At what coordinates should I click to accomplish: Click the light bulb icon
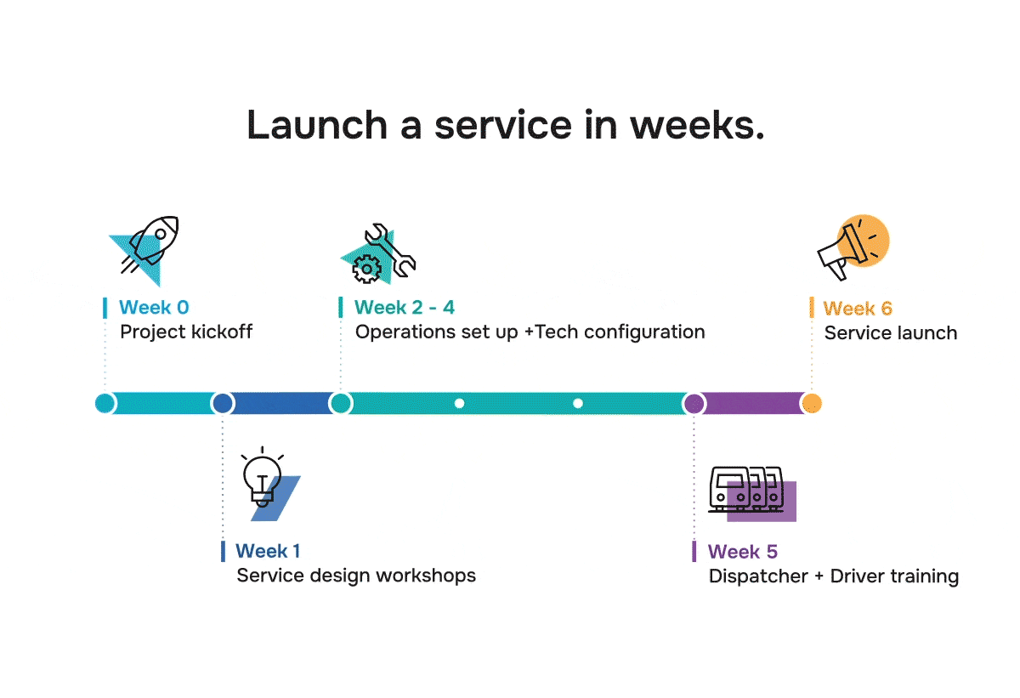click(265, 484)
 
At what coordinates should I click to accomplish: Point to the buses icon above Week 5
click(748, 491)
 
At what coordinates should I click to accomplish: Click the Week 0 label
click(154, 308)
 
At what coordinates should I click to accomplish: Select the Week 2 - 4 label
click(405, 308)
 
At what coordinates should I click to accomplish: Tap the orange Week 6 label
click(858, 309)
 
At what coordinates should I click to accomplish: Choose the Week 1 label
click(268, 552)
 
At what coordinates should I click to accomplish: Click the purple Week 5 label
click(743, 553)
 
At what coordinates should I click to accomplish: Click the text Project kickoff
click(186, 332)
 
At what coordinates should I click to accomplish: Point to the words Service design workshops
click(356, 576)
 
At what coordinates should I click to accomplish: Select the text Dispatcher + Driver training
click(834, 576)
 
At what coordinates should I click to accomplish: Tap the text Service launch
click(891, 333)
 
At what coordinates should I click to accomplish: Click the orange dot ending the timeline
click(812, 403)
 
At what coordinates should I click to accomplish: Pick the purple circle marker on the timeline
click(694, 403)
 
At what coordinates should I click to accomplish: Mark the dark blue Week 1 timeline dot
click(223, 403)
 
